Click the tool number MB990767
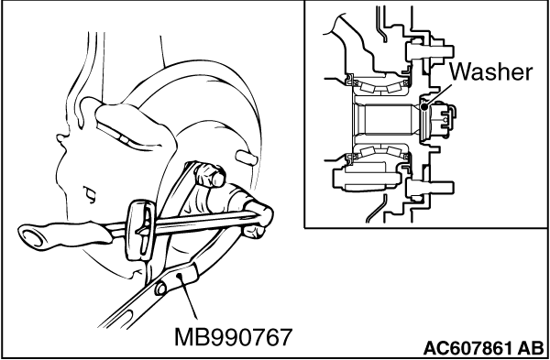click(x=233, y=337)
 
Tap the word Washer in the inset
click(x=490, y=71)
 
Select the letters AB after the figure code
click(x=531, y=348)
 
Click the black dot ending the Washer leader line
click(x=424, y=106)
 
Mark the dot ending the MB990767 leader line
click(x=180, y=276)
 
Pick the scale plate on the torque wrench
click(x=140, y=230)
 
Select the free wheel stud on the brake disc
click(x=247, y=157)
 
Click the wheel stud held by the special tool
click(x=211, y=174)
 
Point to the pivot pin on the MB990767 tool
click(x=161, y=289)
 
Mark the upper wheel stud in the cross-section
click(x=430, y=51)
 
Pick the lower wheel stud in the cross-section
click(x=430, y=188)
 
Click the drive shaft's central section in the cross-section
click(x=387, y=119)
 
